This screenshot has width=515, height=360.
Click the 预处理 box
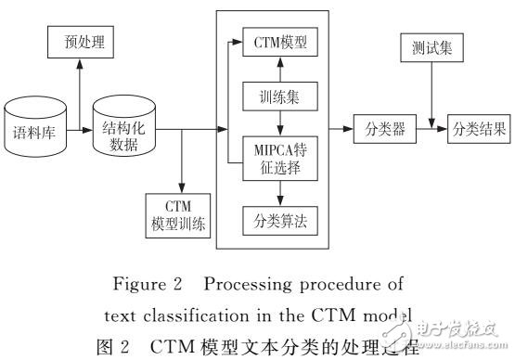tap(80, 42)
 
